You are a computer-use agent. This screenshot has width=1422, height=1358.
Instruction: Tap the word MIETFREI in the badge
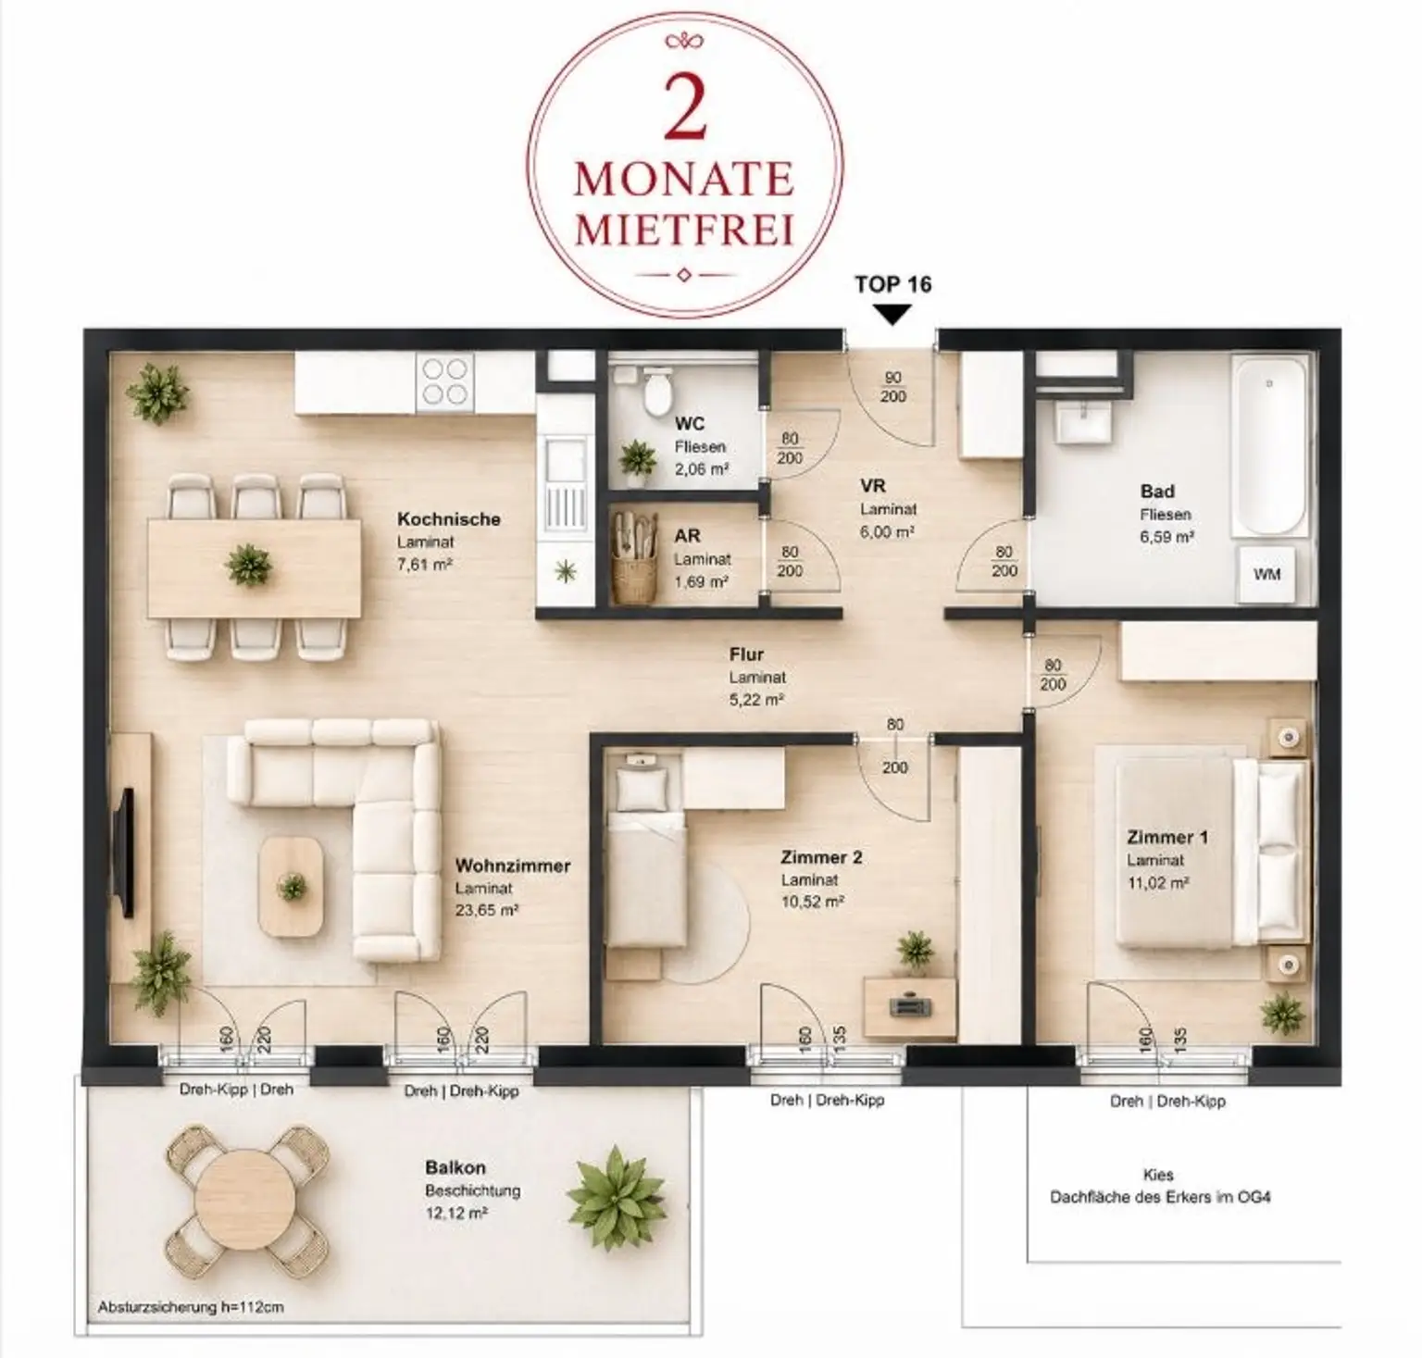(x=684, y=229)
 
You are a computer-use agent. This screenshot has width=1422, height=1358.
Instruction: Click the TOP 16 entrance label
(x=892, y=284)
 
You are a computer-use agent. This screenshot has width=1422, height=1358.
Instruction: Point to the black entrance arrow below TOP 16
(x=892, y=316)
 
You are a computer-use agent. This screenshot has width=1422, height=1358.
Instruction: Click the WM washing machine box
(x=1266, y=574)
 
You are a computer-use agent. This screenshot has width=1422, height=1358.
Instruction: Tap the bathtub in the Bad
(x=1268, y=446)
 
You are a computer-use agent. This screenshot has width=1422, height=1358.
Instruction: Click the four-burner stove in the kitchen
(x=444, y=382)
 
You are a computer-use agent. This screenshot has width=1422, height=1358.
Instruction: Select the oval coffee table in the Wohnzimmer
(x=292, y=886)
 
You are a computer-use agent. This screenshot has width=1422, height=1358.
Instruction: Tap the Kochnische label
(x=449, y=519)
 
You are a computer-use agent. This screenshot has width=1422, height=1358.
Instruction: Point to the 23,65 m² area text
(x=487, y=910)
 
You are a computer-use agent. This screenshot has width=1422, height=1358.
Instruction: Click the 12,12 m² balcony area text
(x=456, y=1213)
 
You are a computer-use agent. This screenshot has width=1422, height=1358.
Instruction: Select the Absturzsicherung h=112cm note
(x=191, y=1308)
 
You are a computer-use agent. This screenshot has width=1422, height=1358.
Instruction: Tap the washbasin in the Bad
(x=1079, y=428)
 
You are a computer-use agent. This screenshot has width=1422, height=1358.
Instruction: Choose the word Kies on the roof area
(x=1158, y=1175)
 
